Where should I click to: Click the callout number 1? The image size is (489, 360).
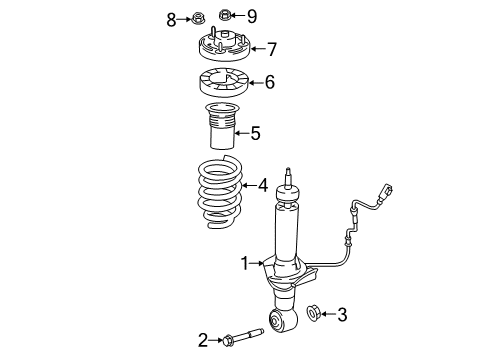(242, 263)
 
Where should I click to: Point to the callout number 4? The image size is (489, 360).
(263, 185)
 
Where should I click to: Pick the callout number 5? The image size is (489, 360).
(255, 131)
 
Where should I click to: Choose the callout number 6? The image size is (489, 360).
(269, 84)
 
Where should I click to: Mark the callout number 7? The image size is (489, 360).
(271, 48)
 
